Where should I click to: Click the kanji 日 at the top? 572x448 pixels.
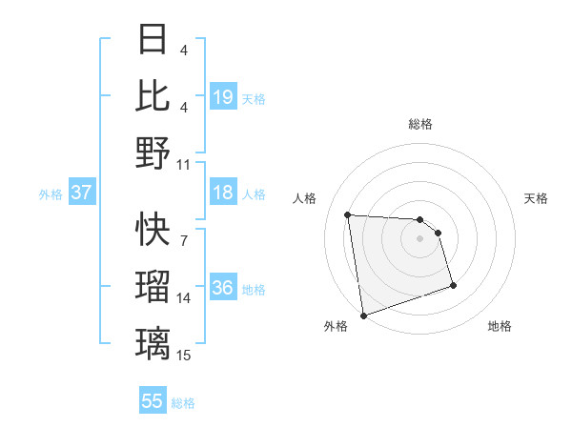pos(153,40)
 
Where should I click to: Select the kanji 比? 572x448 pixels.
pos(153,95)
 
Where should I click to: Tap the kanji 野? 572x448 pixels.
pos(153,153)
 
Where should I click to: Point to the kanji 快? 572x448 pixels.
pos(153,229)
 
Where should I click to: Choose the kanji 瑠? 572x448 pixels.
pos(153,287)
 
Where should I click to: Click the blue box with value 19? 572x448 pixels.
pos(223,96)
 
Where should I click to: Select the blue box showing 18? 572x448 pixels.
pos(223,193)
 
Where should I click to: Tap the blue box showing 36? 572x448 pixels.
pos(223,289)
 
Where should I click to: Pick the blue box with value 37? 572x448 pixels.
pos(81,193)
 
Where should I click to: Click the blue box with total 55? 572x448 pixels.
pos(153,401)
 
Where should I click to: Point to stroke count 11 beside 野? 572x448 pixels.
pos(184,164)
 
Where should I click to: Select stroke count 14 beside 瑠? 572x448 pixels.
pos(184,298)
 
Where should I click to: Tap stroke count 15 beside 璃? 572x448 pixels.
pos(184,356)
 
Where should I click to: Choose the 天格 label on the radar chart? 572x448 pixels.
pos(536,198)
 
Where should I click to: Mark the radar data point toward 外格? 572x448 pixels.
pos(363,315)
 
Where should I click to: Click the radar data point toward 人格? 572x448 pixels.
pos(348,214)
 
